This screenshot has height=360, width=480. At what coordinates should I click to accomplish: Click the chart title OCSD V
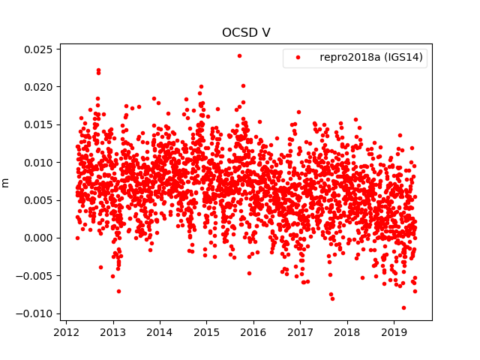(x=246, y=32)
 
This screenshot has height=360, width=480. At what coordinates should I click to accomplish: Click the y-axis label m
(x=6, y=182)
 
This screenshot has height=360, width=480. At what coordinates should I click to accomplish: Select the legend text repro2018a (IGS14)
(x=370, y=58)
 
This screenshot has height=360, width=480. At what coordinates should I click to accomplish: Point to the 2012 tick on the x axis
(x=66, y=332)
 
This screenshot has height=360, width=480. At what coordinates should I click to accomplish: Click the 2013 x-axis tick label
(x=113, y=332)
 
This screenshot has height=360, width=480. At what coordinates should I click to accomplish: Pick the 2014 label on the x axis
(x=160, y=332)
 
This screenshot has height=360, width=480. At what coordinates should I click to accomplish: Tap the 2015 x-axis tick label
(x=207, y=332)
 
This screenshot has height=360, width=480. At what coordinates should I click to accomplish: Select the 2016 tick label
(x=253, y=332)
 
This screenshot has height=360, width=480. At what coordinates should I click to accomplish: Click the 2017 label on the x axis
(x=301, y=332)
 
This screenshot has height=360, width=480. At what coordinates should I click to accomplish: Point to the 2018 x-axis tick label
(x=347, y=332)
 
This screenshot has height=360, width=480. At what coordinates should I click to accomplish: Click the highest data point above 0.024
(x=239, y=55)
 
